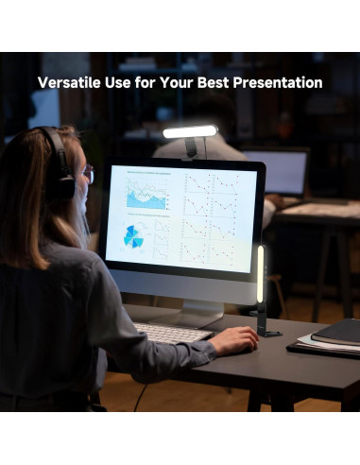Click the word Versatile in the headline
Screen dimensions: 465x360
tap(69, 83)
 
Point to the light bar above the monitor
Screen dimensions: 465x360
tap(189, 131)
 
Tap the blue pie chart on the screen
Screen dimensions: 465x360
tap(133, 237)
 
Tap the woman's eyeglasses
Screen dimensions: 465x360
tap(88, 174)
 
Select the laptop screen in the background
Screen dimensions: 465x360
tap(280, 173)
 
